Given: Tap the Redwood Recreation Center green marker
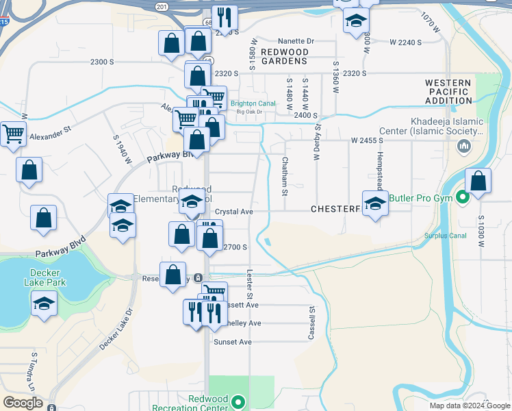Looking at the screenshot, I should (x=238, y=402).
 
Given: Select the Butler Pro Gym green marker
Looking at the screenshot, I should (x=463, y=199).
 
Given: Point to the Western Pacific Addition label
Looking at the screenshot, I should (x=448, y=92).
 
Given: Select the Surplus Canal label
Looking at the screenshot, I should (x=444, y=236).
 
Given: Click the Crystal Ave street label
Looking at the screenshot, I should (x=234, y=212).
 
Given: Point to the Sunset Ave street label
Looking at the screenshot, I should (x=233, y=342).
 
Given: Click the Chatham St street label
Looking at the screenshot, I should (x=284, y=175).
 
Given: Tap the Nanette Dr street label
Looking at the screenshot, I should (x=295, y=41).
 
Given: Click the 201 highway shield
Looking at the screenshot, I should (x=161, y=6).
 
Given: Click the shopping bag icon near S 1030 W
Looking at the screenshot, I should (x=478, y=182).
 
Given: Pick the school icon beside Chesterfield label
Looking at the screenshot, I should (x=375, y=204).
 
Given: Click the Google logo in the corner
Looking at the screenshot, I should (x=23, y=403).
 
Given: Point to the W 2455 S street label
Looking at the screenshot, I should (x=367, y=140).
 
